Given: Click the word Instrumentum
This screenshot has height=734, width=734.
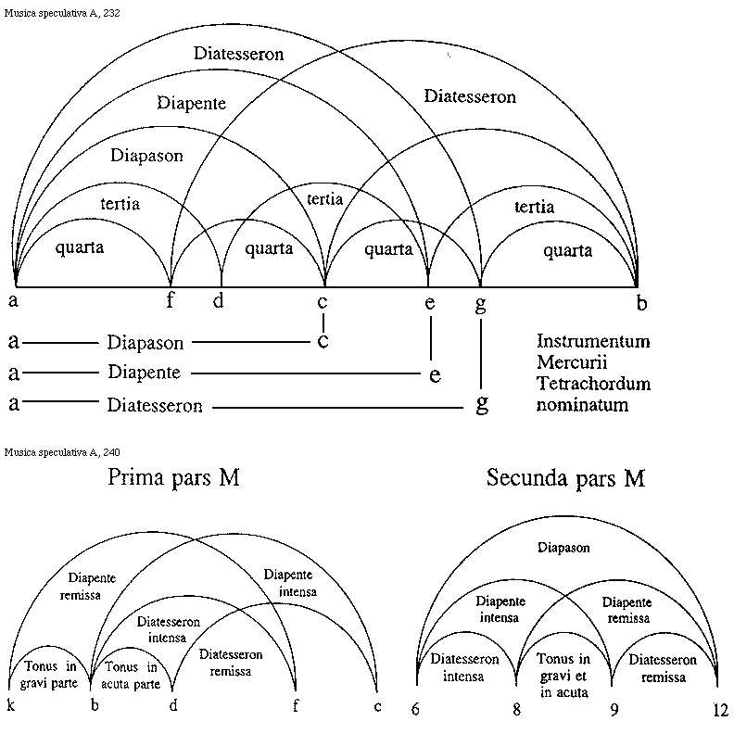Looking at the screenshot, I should (x=593, y=341).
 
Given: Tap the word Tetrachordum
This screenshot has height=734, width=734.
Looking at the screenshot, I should (x=593, y=384).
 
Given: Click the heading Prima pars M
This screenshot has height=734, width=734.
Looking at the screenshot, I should (x=174, y=478).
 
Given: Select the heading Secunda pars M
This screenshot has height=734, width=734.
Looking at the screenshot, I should (x=565, y=478).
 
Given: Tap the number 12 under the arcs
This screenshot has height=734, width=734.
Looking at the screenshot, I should (x=720, y=710).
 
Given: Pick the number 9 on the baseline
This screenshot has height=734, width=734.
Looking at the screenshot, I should (x=612, y=710).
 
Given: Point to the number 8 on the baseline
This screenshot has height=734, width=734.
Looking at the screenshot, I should (x=517, y=710).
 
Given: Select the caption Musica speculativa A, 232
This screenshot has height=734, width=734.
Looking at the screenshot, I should (x=62, y=14).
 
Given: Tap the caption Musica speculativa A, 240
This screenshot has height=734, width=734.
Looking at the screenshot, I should (x=62, y=452).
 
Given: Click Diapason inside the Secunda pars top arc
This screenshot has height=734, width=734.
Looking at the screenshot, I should (x=563, y=548).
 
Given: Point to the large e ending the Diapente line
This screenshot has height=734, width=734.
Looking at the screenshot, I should (x=435, y=374).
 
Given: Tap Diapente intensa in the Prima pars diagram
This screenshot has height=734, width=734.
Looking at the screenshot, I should (x=289, y=583).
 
